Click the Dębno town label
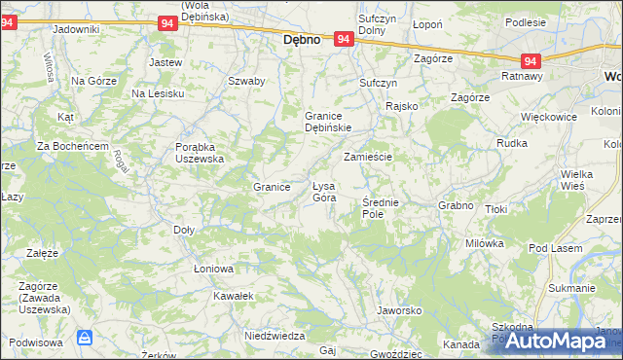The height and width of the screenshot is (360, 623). click(302, 42)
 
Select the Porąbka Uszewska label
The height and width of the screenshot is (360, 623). click(200, 152)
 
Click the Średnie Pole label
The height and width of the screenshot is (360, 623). click(380, 207)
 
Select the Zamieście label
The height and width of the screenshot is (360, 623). click(367, 156)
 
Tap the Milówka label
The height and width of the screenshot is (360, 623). click(484, 242)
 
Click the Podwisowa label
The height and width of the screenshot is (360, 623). click(36, 342)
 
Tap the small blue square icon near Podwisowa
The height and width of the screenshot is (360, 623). click(85, 338)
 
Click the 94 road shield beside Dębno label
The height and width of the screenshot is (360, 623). click(343, 39)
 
